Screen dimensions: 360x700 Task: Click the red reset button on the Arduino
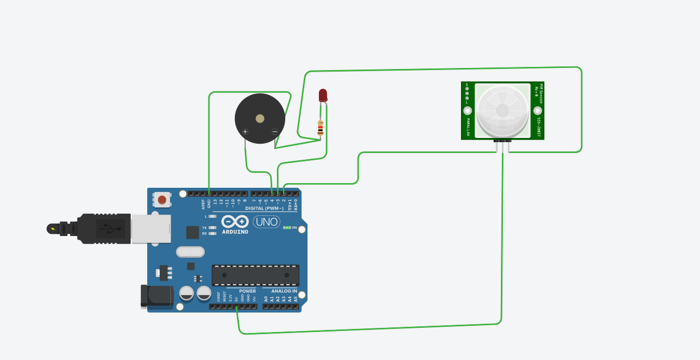coord(162,200)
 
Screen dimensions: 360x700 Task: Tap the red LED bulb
coord(323,95)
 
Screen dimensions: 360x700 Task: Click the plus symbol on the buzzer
coord(245,132)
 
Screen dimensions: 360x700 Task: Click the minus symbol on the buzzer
coord(275,132)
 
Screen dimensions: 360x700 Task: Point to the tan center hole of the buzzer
coord(260,119)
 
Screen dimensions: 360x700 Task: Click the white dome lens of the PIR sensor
coord(502,110)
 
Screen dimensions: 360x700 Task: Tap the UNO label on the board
coord(267,222)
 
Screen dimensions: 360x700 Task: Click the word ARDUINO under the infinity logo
coord(235,232)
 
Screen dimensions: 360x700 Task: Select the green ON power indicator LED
coord(287,228)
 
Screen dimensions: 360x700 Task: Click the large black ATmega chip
coord(255,275)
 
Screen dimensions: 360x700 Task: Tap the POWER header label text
coord(247,291)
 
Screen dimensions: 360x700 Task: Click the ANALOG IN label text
coord(284,291)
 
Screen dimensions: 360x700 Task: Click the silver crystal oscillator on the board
coord(190,252)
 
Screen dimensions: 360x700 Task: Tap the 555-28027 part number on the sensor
coord(539,127)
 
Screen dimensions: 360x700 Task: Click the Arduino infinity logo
coord(235,221)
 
